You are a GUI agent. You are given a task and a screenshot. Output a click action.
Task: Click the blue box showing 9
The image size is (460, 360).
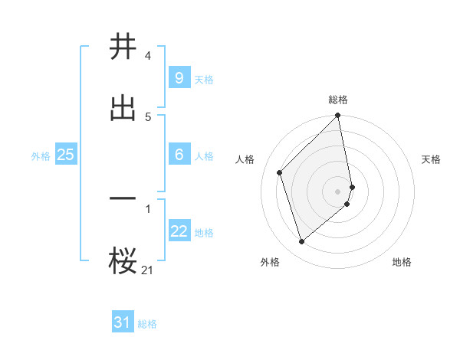(179, 77)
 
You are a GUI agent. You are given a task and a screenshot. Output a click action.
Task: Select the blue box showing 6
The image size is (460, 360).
(179, 155)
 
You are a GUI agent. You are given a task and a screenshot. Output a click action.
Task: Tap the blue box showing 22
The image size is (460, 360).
(179, 231)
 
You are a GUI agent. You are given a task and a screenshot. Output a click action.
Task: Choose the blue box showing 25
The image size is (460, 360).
(65, 155)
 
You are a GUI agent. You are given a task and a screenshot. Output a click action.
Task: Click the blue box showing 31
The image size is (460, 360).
(123, 322)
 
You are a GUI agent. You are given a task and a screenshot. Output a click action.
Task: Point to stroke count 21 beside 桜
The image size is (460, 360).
(148, 270)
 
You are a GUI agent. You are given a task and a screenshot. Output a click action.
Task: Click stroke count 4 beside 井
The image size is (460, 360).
(147, 57)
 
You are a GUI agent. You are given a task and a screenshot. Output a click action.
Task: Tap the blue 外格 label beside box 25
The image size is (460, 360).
(41, 156)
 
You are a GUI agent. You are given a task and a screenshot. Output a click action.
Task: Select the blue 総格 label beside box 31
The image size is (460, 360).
(147, 324)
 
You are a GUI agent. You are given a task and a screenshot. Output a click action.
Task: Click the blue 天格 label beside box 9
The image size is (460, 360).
(203, 79)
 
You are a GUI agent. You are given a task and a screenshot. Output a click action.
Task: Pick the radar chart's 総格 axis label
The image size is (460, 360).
(338, 100)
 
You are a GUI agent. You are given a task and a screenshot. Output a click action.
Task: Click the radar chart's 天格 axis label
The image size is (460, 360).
(431, 159)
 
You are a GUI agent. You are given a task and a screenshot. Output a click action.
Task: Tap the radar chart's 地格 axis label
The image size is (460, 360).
(402, 262)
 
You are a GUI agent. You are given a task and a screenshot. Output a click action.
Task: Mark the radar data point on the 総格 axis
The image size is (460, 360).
(338, 116)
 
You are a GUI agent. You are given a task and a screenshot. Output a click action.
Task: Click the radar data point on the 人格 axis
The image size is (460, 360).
(280, 172)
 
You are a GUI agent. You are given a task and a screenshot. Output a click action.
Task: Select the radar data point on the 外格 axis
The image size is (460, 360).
(302, 242)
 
